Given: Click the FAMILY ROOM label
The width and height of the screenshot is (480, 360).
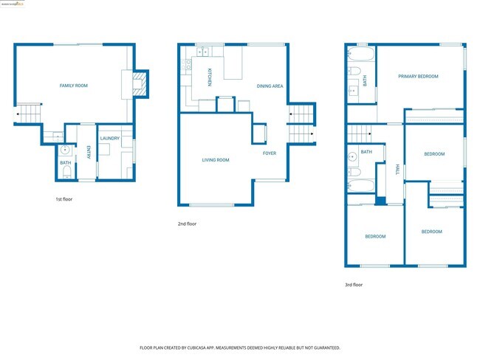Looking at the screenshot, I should click(x=73, y=86).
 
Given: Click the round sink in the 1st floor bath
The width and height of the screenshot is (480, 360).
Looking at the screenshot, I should click(x=65, y=150).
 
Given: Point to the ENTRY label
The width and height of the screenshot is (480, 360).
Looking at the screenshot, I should click(x=89, y=153).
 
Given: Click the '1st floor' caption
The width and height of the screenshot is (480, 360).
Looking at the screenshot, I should click(x=64, y=199).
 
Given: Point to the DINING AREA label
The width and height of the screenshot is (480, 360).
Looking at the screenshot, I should click(x=270, y=86).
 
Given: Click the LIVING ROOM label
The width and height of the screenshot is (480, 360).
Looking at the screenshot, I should click(x=216, y=159).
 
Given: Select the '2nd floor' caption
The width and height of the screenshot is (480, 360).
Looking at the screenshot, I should click(x=188, y=224).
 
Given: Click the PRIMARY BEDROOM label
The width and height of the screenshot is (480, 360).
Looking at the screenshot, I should click(x=418, y=76).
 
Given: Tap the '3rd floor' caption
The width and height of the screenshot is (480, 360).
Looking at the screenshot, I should click(x=354, y=285).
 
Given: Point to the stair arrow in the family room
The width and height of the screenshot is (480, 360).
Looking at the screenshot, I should click(x=18, y=115).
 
